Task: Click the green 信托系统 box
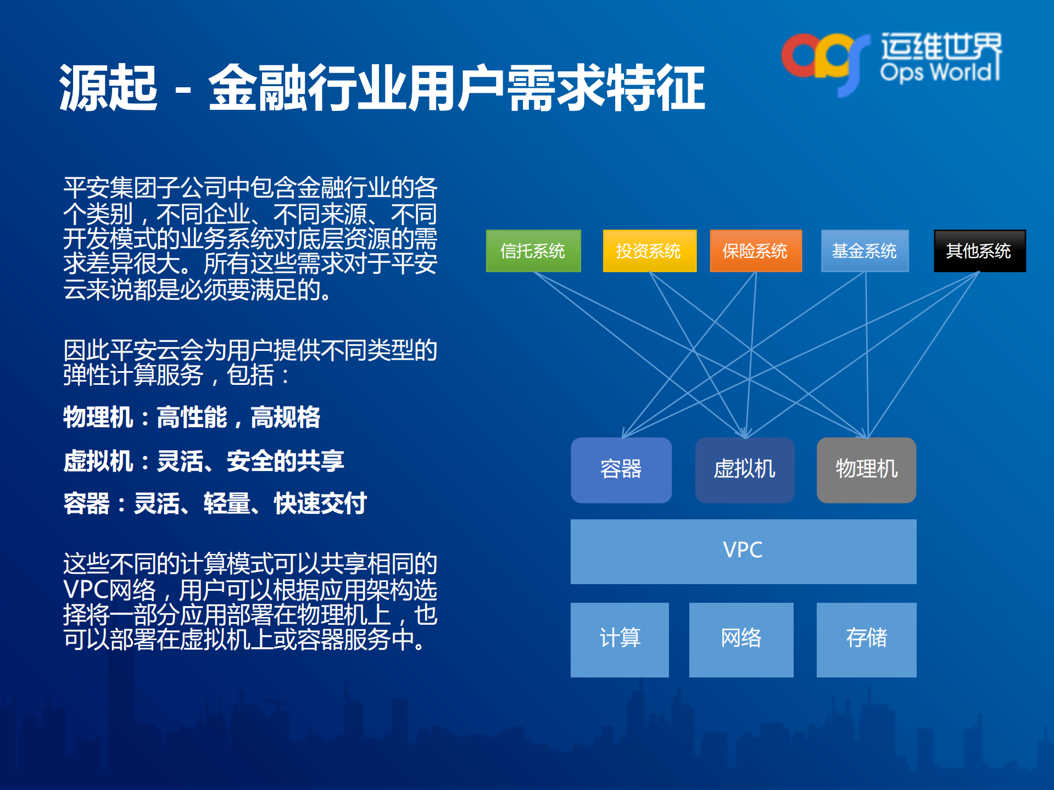pyautogui.click(x=533, y=251)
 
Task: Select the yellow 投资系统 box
pyautogui.click(x=649, y=251)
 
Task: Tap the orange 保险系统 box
pyautogui.click(x=756, y=251)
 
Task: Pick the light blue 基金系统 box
pyautogui.click(x=865, y=251)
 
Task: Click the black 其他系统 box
pyautogui.click(x=979, y=251)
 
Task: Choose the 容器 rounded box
pyautogui.click(x=621, y=470)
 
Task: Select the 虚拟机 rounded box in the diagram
pyautogui.click(x=744, y=470)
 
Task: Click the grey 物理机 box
pyautogui.click(x=866, y=470)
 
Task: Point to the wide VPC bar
pyautogui.click(x=743, y=551)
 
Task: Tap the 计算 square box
pyautogui.click(x=620, y=639)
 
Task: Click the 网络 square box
pyautogui.click(x=741, y=639)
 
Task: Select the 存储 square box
pyautogui.click(x=866, y=639)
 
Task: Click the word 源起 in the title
pyautogui.click(x=108, y=88)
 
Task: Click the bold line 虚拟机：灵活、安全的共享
pyautogui.click(x=203, y=461)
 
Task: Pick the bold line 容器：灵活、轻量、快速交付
pyautogui.click(x=214, y=503)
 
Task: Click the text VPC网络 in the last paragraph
pyautogui.click(x=110, y=590)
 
